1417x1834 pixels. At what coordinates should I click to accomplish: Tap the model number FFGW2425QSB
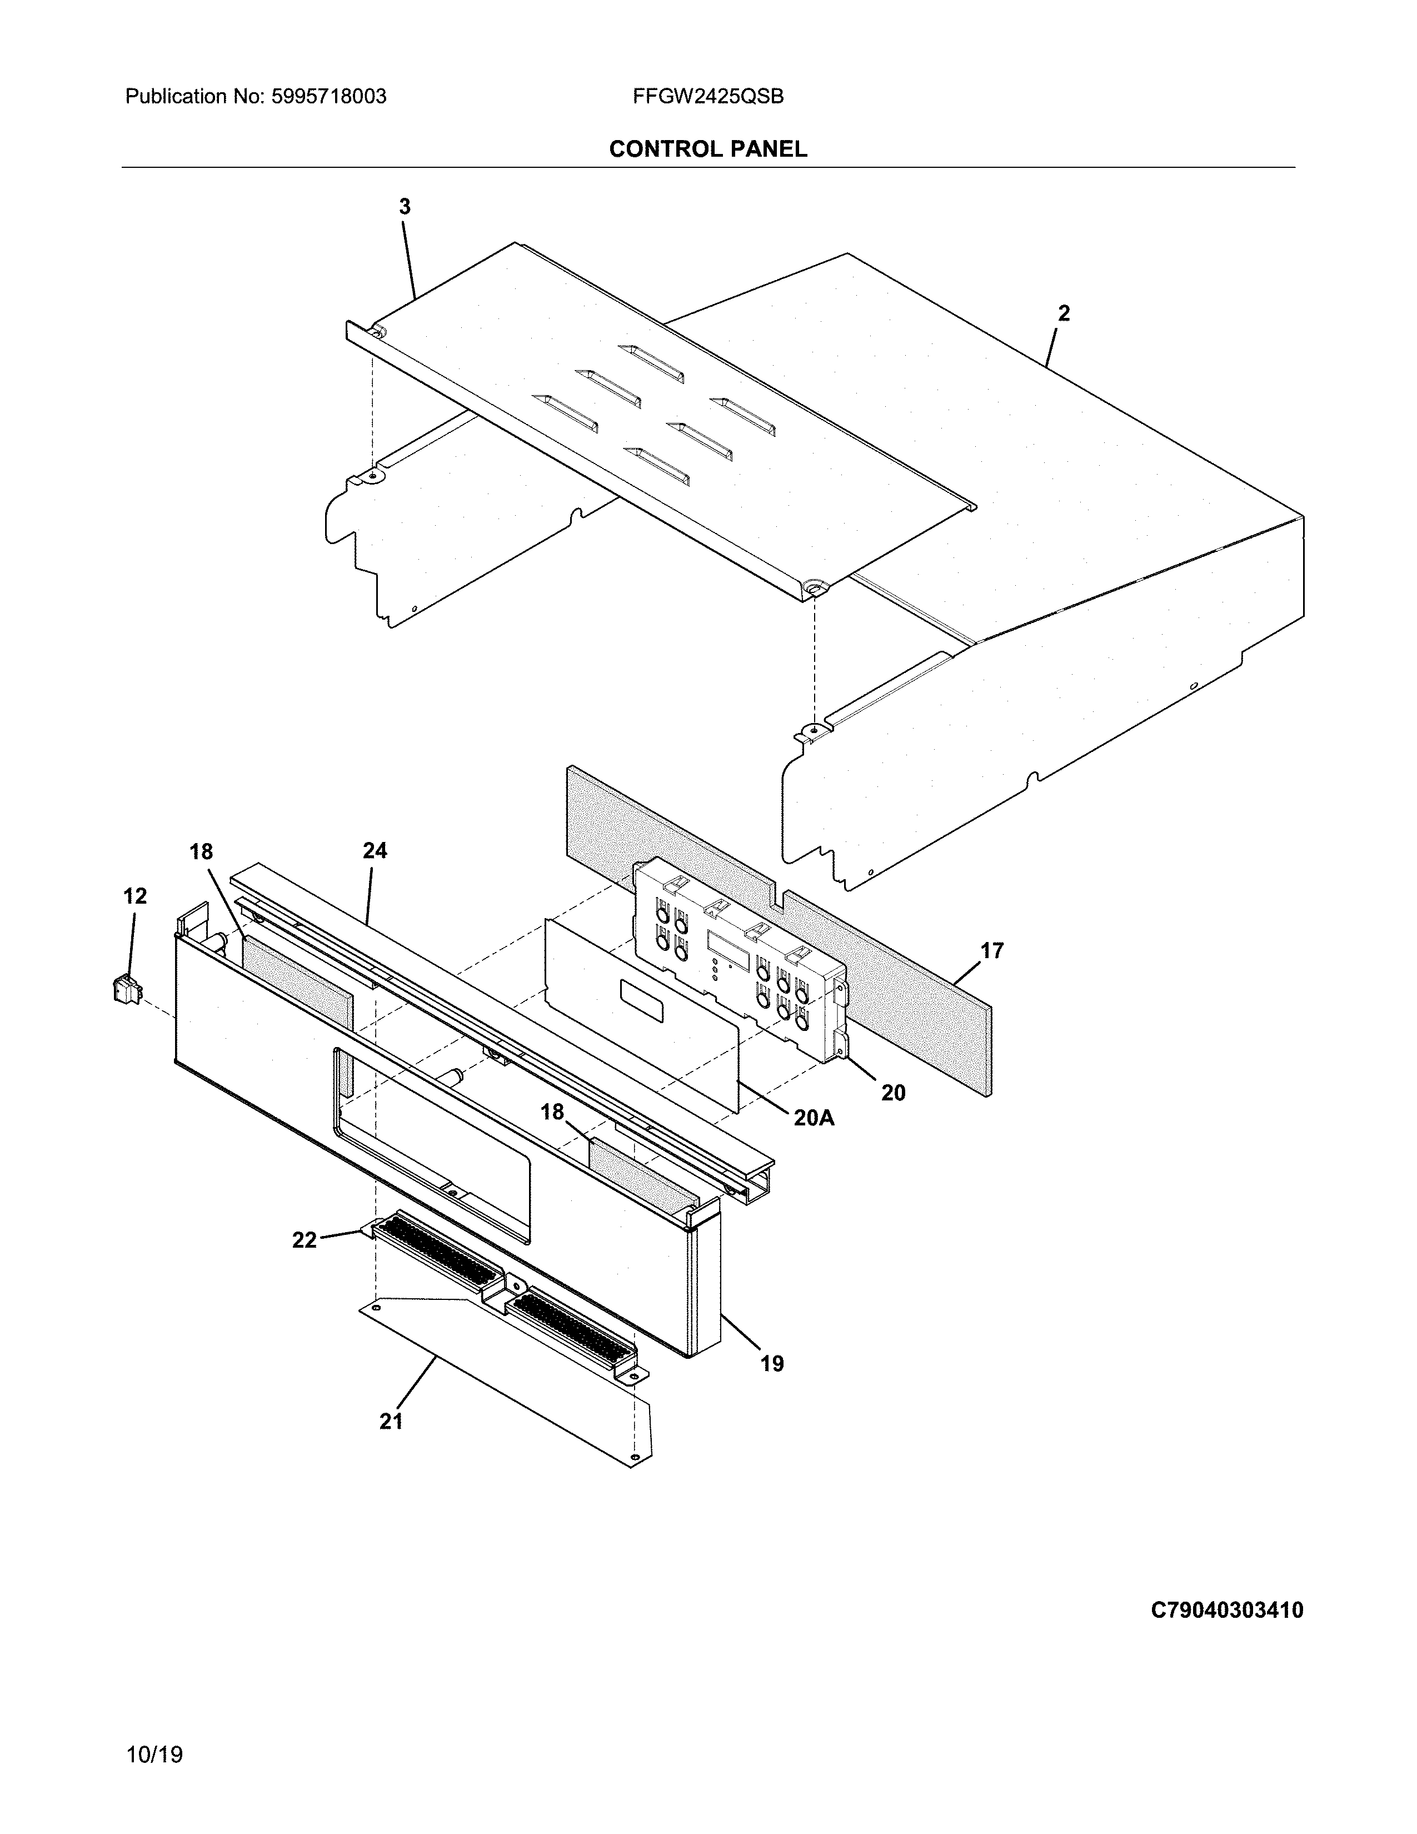click(707, 97)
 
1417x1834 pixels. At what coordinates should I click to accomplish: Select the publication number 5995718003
click(328, 97)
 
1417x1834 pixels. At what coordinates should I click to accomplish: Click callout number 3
click(405, 207)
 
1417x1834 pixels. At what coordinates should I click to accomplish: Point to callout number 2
click(1064, 313)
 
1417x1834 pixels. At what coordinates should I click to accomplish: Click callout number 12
click(134, 896)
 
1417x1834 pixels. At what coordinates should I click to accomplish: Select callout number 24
click(375, 851)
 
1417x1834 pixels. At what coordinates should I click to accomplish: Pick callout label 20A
click(814, 1118)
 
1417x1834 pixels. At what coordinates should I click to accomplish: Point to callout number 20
click(893, 1093)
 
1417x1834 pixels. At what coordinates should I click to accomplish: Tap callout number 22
click(304, 1239)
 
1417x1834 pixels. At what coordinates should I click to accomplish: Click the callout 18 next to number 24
click(201, 851)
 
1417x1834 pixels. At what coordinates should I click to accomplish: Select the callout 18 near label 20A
click(552, 1112)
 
